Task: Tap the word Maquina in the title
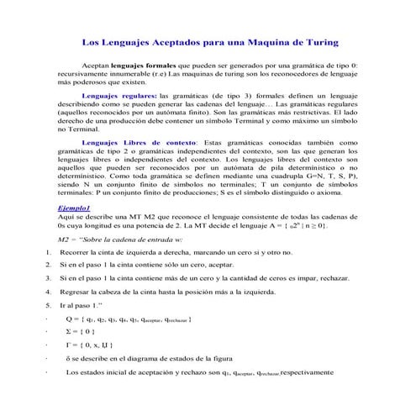click(x=261, y=42)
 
